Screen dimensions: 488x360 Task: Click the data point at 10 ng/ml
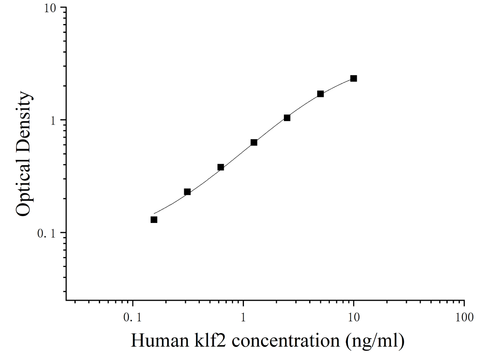[353, 78]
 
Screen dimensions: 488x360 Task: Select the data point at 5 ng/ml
[320, 94]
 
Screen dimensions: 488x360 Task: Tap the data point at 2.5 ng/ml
[287, 118]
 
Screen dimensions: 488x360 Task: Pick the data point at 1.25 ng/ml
[254, 143]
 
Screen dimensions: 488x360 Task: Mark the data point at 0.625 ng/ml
[221, 167]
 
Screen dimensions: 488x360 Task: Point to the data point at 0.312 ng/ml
[187, 192]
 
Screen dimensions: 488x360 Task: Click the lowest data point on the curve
[154, 220]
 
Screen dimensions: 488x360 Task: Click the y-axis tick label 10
[50, 8]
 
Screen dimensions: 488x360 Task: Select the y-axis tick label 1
[53, 121]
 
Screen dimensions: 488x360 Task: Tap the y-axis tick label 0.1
[46, 234]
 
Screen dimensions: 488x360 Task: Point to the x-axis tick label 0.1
[133, 318]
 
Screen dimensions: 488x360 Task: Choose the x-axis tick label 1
[243, 318]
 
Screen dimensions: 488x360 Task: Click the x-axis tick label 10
[353, 318]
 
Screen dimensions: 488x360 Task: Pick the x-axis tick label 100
[464, 318]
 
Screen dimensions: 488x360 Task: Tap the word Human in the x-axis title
[160, 340]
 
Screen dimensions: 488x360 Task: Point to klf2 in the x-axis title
[210, 340]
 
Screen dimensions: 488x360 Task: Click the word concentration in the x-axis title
[286, 340]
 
